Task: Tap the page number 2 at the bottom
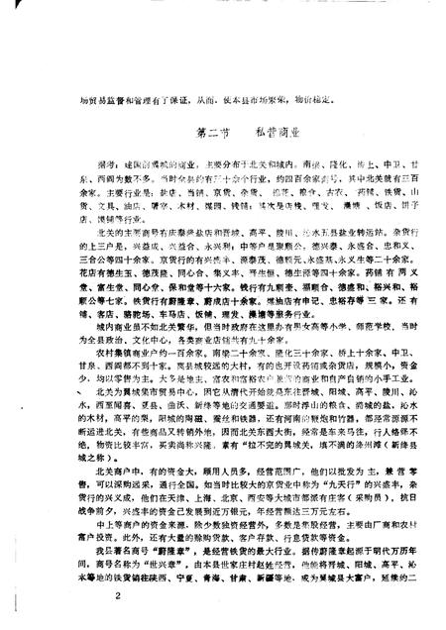116,594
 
